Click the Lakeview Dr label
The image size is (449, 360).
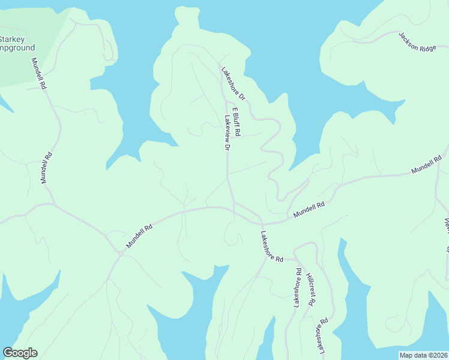(x=227, y=133)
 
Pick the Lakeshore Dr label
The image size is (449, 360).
(x=234, y=83)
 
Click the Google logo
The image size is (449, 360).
(x=20, y=353)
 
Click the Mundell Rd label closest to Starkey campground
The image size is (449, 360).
(x=39, y=74)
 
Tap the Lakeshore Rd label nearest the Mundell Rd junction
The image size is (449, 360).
(x=272, y=246)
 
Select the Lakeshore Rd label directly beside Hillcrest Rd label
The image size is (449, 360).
(x=297, y=289)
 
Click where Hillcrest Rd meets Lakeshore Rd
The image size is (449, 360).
(x=295, y=259)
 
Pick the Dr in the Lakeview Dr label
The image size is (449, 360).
(x=228, y=145)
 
